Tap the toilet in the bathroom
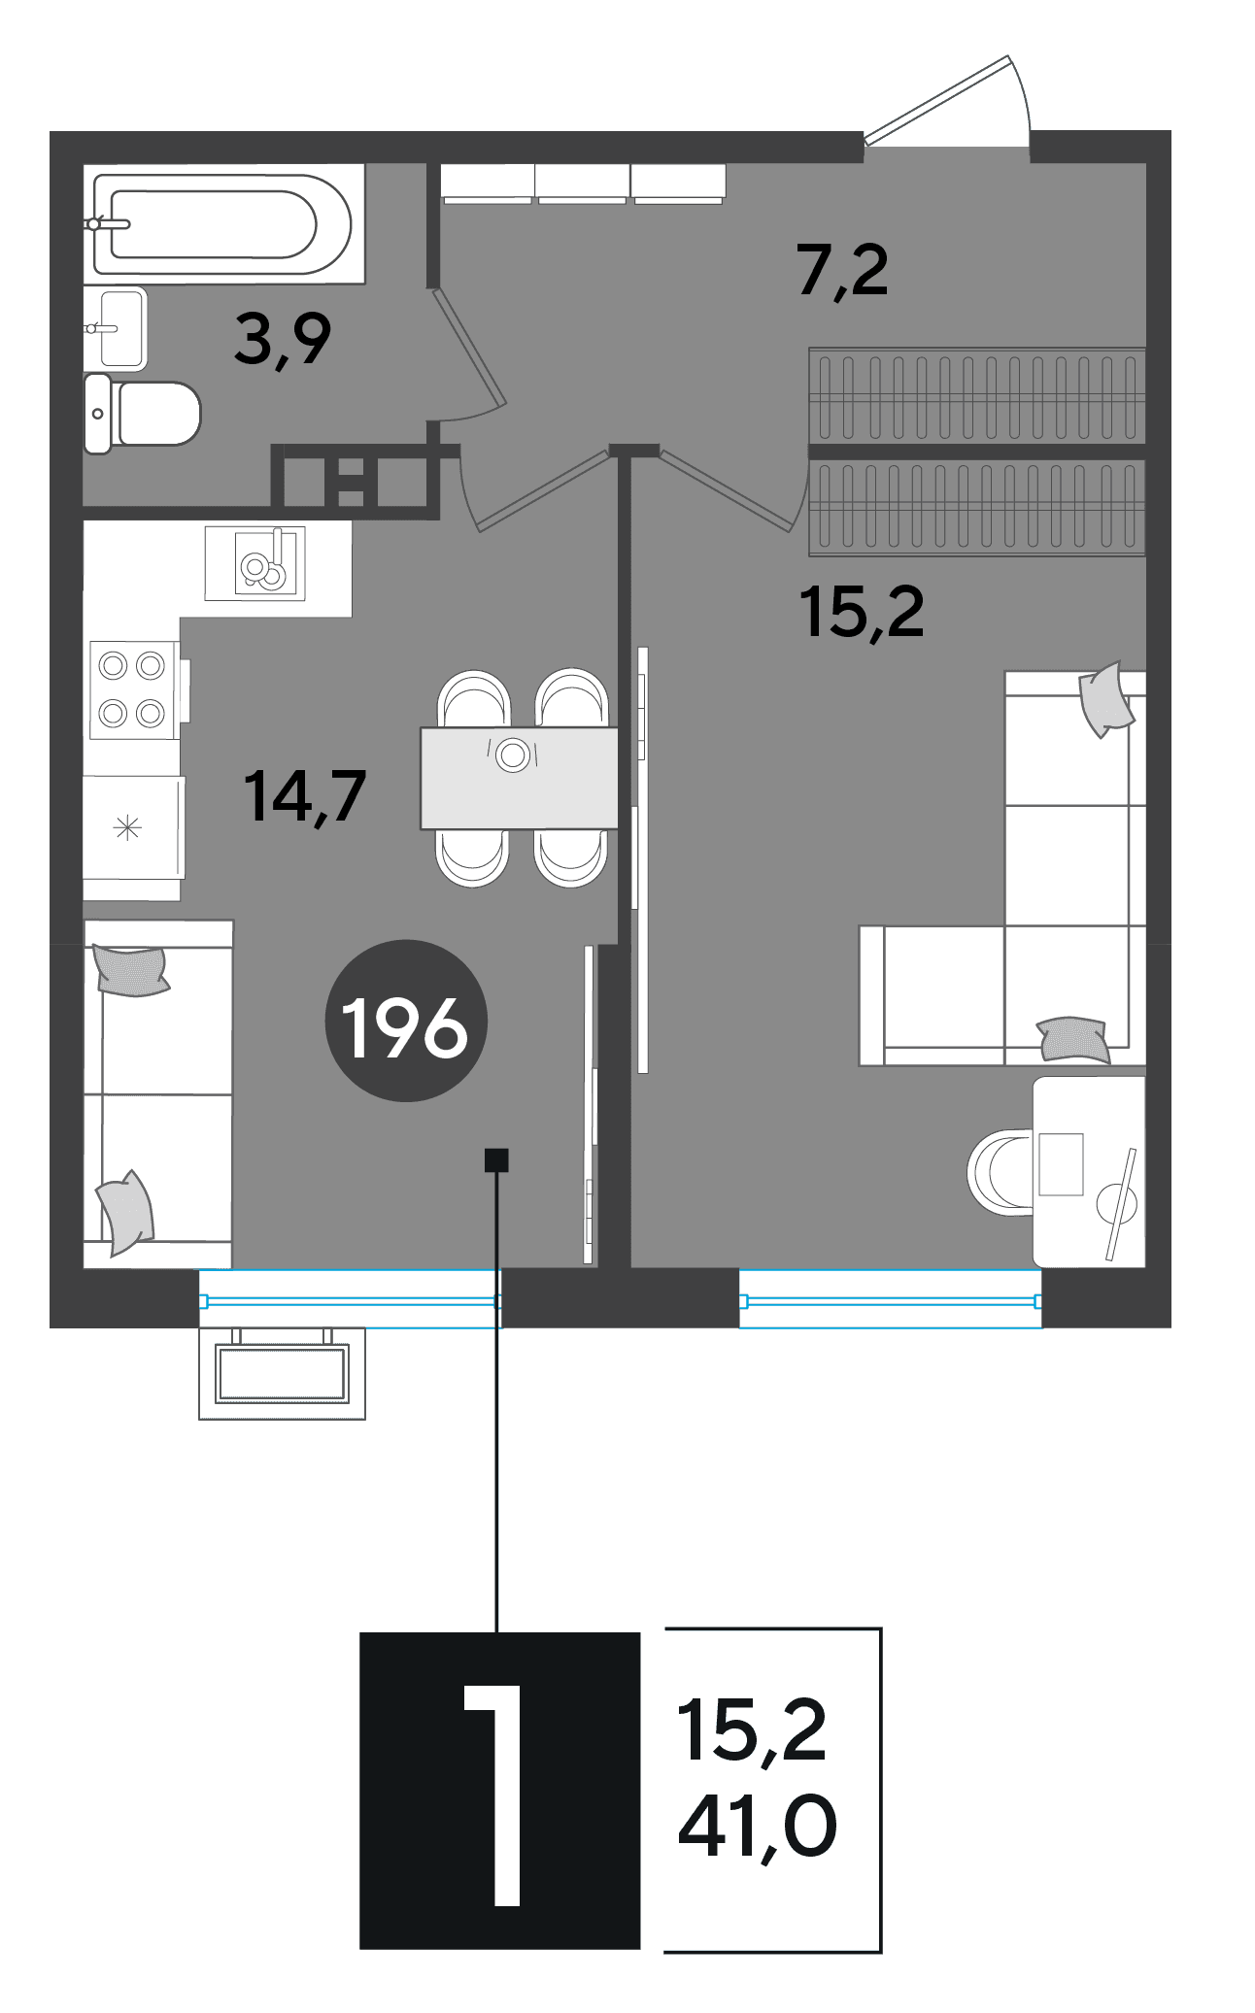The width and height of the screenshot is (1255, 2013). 142,414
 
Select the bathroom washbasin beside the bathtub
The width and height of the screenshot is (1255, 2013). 116,328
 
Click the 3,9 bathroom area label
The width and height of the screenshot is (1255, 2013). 283,341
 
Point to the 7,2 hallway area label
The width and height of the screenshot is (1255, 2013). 842,271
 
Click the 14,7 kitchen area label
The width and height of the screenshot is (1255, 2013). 305,796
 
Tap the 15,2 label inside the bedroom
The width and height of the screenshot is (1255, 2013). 862,613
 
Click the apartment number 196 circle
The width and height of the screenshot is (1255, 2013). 405,1021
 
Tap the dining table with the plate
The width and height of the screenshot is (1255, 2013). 519,778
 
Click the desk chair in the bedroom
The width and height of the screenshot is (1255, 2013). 1001,1172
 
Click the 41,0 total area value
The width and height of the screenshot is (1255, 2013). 757,1827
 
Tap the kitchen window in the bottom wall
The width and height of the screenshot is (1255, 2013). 350,1298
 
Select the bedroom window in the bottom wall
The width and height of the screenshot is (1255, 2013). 890,1298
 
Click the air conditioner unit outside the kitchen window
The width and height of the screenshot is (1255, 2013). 282,1373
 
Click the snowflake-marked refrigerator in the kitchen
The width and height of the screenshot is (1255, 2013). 133,827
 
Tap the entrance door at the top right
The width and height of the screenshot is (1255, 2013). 947,102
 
